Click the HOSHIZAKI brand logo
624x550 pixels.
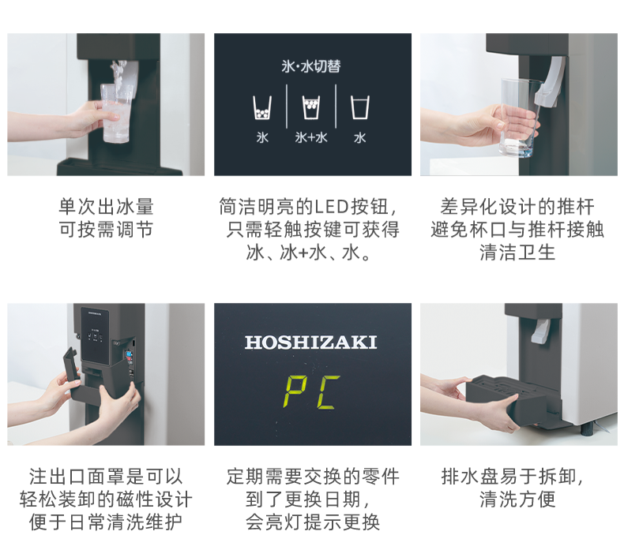point(310,342)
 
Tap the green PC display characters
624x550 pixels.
point(311,392)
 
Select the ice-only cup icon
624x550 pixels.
point(262,107)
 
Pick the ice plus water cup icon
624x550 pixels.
point(311,107)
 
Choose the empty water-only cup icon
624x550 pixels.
point(359,107)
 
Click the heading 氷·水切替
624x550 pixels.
point(311,66)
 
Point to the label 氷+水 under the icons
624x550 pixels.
point(311,137)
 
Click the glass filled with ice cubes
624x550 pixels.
point(116,113)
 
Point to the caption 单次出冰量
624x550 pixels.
point(107,207)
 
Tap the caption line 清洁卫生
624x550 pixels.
point(517,253)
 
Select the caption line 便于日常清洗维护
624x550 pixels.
point(106,522)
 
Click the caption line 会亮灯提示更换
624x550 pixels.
point(313,522)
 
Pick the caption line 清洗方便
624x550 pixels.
point(517,499)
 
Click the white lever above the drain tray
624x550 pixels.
point(541,331)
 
